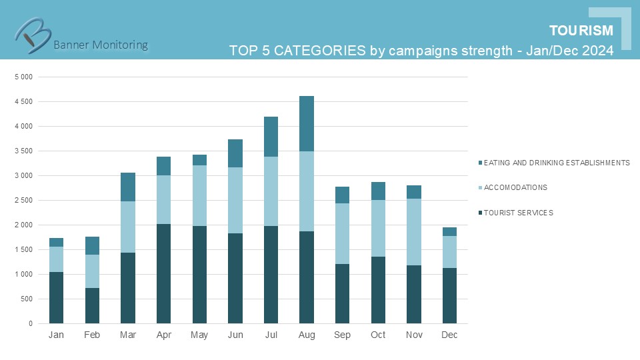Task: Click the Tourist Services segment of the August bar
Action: [x=307, y=277]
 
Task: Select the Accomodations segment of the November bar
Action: [x=414, y=232]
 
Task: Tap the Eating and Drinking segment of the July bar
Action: [x=271, y=137]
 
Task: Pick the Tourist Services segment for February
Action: [x=92, y=305]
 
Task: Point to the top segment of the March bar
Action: [x=128, y=187]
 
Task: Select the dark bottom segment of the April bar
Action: [x=163, y=273]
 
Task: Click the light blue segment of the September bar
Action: [x=343, y=233]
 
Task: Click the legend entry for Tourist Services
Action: [x=518, y=213]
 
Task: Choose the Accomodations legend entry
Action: [x=515, y=187]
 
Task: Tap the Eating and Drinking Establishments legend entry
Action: [x=556, y=162]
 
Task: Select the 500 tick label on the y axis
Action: [x=27, y=299]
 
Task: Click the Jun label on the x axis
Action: [x=235, y=335]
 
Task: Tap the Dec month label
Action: [x=449, y=335]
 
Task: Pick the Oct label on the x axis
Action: [x=378, y=335]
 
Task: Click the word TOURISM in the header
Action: [x=581, y=31]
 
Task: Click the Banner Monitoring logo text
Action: [x=100, y=45]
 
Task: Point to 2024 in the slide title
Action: [x=597, y=51]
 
